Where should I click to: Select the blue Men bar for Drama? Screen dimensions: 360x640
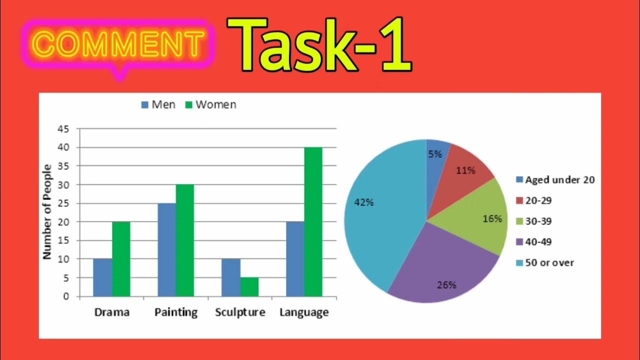coord(102,277)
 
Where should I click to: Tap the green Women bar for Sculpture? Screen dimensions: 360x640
coord(249,287)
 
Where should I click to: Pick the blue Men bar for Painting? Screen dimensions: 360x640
coord(166,250)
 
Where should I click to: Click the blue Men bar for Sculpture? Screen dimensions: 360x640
coord(230,277)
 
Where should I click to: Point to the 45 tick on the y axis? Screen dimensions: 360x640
coord(63,129)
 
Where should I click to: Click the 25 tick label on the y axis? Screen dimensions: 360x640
coord(63,203)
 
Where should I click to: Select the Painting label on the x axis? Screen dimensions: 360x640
coord(175,312)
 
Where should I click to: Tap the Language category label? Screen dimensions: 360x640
coord(304,312)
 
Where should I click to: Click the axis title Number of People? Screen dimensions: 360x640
coord(47,211)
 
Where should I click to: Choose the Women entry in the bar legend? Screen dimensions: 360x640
coord(210,105)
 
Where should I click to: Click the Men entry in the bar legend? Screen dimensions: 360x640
coord(158,105)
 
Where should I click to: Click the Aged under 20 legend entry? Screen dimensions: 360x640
coord(555,180)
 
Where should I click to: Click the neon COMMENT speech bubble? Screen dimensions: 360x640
coord(119,44)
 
